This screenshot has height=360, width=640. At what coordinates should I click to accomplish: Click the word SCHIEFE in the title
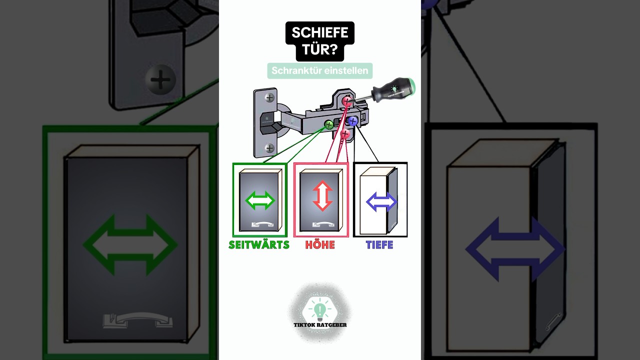[319, 32]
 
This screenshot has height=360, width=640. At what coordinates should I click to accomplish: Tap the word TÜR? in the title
[319, 49]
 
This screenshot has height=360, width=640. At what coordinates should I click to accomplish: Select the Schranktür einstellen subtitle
[319, 70]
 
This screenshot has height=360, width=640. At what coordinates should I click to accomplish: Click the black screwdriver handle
[393, 90]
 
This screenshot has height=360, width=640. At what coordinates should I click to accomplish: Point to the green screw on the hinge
[329, 124]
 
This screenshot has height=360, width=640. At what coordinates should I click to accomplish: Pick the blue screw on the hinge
[353, 121]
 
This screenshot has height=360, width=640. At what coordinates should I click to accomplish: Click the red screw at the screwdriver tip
[347, 101]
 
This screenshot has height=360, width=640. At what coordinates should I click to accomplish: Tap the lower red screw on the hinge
[345, 133]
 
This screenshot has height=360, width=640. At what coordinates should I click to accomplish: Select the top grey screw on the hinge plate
[269, 97]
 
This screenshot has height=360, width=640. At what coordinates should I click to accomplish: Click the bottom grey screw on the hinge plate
[269, 148]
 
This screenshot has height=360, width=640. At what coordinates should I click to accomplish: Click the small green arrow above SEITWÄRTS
[260, 200]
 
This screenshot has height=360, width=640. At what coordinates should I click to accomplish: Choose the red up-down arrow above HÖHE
[322, 196]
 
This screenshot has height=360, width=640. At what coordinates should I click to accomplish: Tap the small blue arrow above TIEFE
[381, 201]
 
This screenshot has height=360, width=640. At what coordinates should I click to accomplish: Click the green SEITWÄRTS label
[259, 245]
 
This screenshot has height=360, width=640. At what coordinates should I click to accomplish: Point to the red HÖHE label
[320, 245]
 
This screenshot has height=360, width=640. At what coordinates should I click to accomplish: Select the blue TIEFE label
[379, 245]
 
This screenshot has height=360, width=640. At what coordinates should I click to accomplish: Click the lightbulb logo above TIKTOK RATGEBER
[320, 309]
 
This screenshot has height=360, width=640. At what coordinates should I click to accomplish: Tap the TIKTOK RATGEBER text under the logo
[320, 325]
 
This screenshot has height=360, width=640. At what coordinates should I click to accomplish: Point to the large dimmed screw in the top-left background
[160, 79]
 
